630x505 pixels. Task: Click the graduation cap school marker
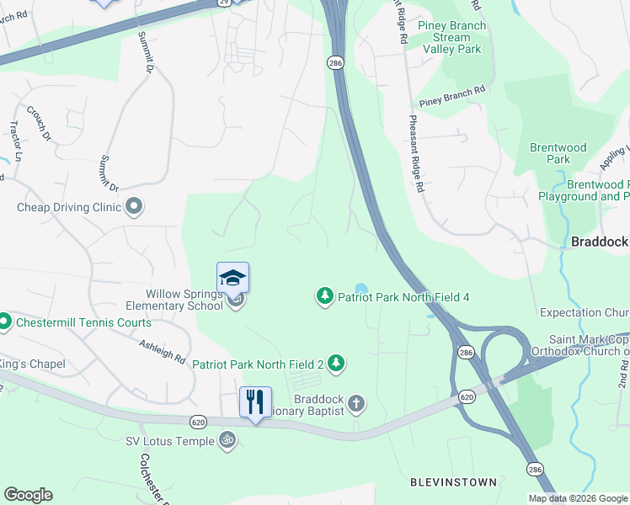click(x=233, y=277)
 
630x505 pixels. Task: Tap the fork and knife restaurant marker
click(x=255, y=401)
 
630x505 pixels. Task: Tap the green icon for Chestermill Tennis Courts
click(x=3, y=322)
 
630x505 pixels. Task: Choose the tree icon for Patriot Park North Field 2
click(x=337, y=364)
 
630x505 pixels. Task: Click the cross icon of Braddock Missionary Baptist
click(x=356, y=404)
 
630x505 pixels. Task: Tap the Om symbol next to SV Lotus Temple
click(x=226, y=440)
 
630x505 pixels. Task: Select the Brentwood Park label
click(x=558, y=153)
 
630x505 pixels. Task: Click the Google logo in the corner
click(x=28, y=495)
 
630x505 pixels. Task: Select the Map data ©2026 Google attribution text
click(x=577, y=498)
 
